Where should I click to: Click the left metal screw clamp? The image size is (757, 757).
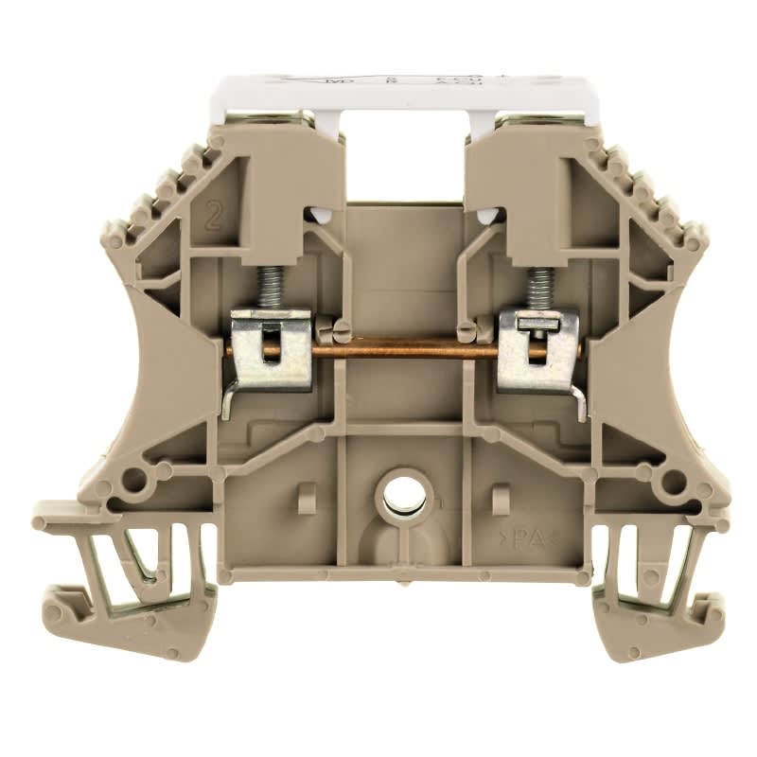272,349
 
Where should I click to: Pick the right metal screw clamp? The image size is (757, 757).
537,350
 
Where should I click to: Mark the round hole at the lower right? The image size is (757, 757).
674,482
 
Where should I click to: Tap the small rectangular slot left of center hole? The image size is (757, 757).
308,498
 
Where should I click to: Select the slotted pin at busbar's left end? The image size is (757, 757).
338,331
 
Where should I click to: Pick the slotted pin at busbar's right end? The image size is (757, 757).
468,331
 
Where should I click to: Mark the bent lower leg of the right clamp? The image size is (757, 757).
578,402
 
